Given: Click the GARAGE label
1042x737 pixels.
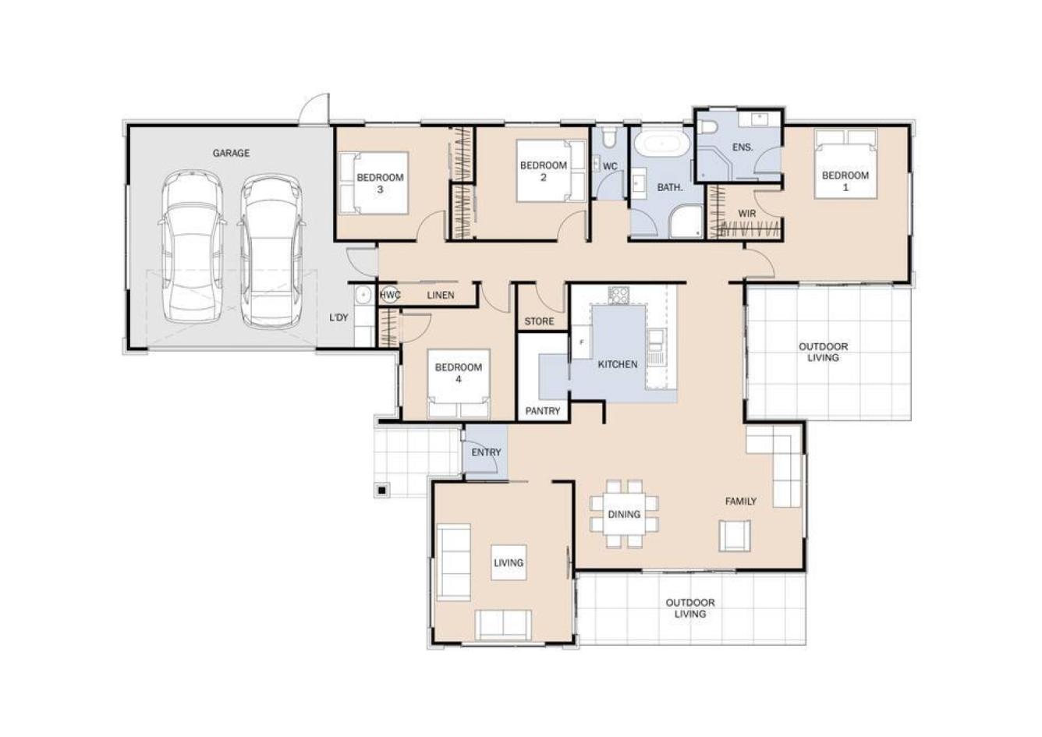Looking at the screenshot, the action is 231,153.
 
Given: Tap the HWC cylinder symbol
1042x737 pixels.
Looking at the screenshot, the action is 389,295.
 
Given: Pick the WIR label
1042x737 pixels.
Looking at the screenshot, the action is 746,214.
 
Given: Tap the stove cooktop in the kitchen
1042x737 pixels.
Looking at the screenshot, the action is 618,295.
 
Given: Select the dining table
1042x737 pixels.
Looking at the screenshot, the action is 624,514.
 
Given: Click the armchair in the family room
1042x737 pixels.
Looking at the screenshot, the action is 735,536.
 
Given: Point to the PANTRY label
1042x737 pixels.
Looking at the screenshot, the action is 542,411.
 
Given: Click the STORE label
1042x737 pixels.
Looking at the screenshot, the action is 539,321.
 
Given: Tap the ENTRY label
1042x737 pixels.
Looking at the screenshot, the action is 486,452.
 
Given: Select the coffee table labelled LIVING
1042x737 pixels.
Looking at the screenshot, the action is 509,562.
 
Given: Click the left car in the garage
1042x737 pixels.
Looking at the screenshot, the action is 193,246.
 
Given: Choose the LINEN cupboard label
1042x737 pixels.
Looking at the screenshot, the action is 441,295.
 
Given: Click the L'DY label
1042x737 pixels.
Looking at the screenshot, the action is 338,317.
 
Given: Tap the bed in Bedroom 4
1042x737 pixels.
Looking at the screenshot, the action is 459,384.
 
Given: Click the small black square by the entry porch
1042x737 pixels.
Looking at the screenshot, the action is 382,490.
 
